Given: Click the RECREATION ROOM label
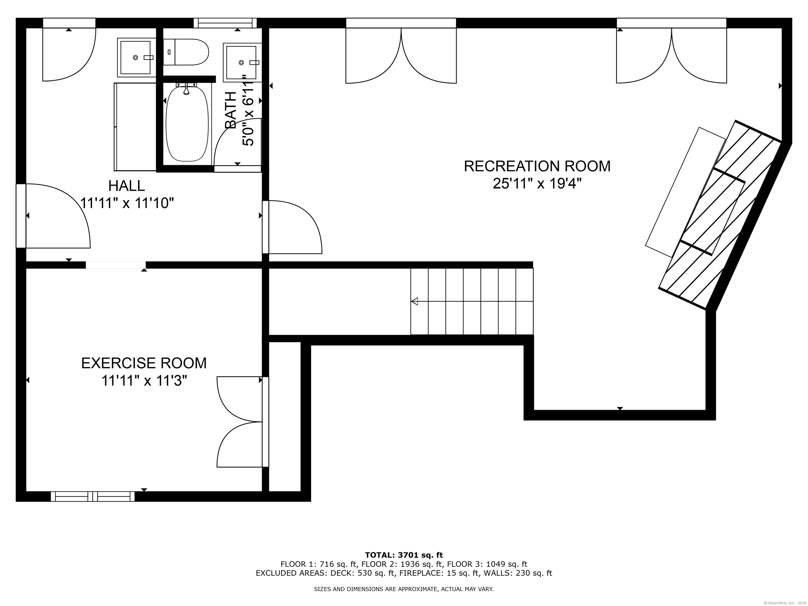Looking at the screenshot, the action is tap(537, 166).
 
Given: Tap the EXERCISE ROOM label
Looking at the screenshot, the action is tap(144, 363).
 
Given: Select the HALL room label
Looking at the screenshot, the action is tap(127, 186).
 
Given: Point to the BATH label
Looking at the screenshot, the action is tap(230, 110).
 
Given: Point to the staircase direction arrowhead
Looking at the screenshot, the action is tap(415, 301).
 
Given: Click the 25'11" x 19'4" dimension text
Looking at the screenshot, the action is tap(537, 183).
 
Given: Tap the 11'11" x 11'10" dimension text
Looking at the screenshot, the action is tap(127, 203).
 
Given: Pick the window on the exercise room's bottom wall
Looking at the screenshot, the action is tap(93, 496).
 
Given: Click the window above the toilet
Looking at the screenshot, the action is tap(225, 23).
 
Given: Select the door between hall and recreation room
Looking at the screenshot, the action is tap(292, 227).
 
